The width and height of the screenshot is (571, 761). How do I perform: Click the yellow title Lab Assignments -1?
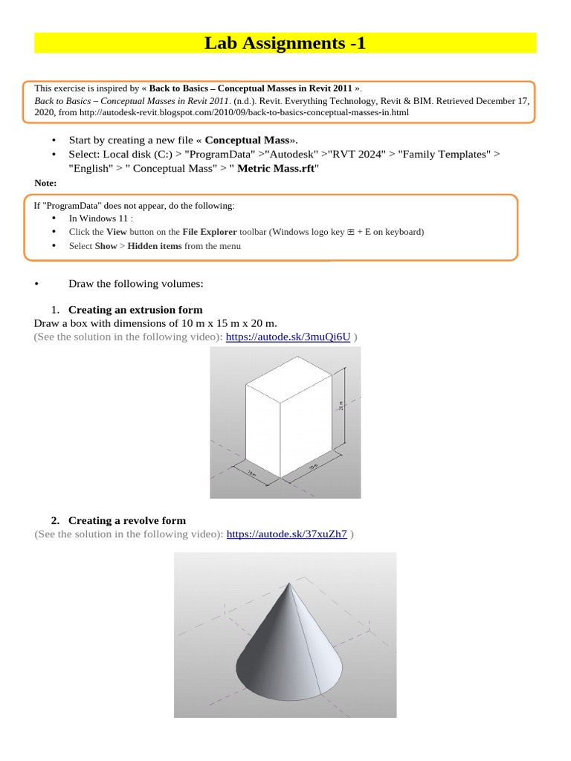click(x=285, y=44)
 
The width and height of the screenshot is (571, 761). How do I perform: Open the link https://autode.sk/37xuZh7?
click(x=286, y=534)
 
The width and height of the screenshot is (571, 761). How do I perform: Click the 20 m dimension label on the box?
click(x=342, y=406)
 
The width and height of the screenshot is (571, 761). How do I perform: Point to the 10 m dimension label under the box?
click(x=252, y=473)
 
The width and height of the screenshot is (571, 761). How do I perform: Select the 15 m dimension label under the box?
click(x=314, y=467)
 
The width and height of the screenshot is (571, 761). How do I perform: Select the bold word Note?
click(x=45, y=183)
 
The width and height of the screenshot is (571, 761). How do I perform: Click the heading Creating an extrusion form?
click(x=135, y=310)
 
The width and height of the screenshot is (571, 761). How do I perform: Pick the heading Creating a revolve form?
click(x=126, y=520)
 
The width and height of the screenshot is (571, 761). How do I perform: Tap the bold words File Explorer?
click(x=207, y=232)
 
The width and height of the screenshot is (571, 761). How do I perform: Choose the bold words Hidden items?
click(x=155, y=246)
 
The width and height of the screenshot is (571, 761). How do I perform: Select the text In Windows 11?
click(x=100, y=218)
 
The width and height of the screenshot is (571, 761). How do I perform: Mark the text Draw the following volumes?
click(x=135, y=283)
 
